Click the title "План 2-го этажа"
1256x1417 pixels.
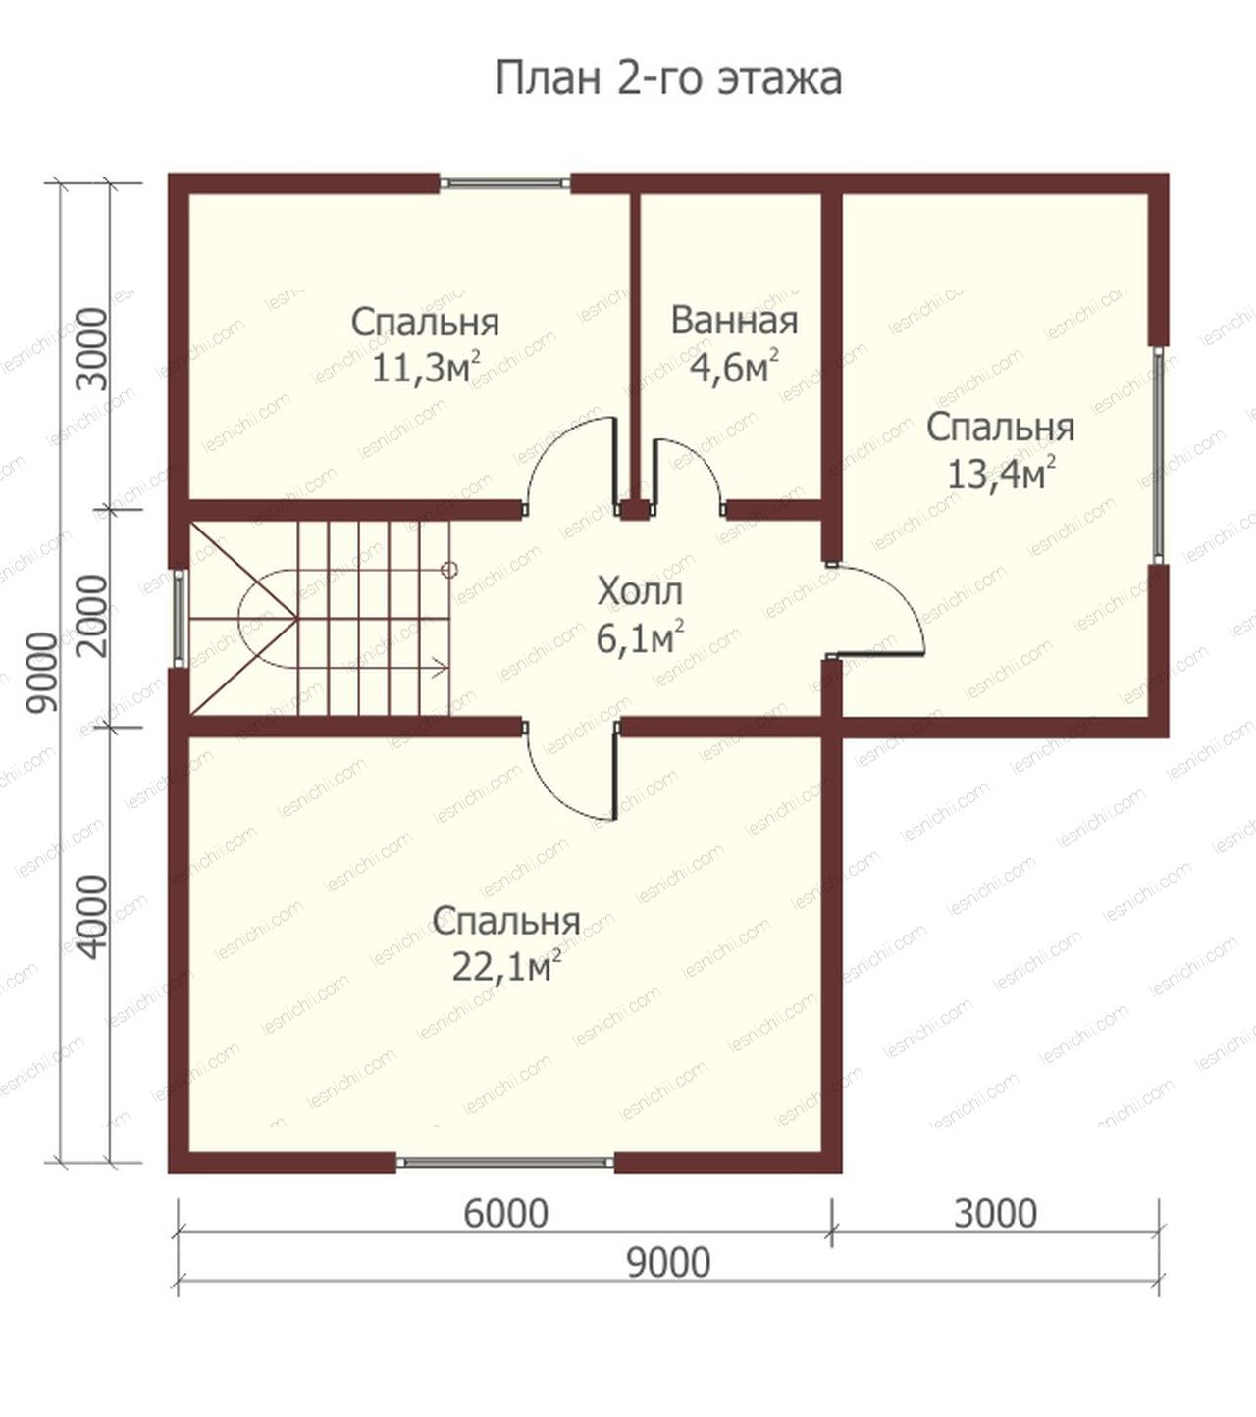(x=668, y=78)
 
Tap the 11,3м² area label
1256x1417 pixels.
(x=426, y=367)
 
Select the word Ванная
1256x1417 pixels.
(x=734, y=321)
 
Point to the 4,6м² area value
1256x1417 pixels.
(x=734, y=367)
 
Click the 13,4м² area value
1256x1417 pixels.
(x=1001, y=474)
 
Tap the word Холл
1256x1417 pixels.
(x=640, y=591)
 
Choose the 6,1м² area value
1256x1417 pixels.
(x=640, y=637)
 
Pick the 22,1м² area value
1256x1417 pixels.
(x=506, y=967)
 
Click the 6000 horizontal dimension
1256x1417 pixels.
(x=506, y=1214)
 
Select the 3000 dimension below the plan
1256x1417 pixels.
(x=995, y=1214)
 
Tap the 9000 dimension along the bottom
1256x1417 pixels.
(x=668, y=1263)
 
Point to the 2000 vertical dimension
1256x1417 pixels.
(x=94, y=616)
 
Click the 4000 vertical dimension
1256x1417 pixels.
(x=94, y=918)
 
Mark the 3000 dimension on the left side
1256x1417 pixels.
(x=94, y=349)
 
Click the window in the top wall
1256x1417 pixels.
(x=504, y=182)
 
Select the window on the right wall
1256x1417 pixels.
(x=1159, y=455)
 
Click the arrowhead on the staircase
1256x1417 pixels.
(x=441, y=668)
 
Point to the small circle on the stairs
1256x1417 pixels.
(x=450, y=570)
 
